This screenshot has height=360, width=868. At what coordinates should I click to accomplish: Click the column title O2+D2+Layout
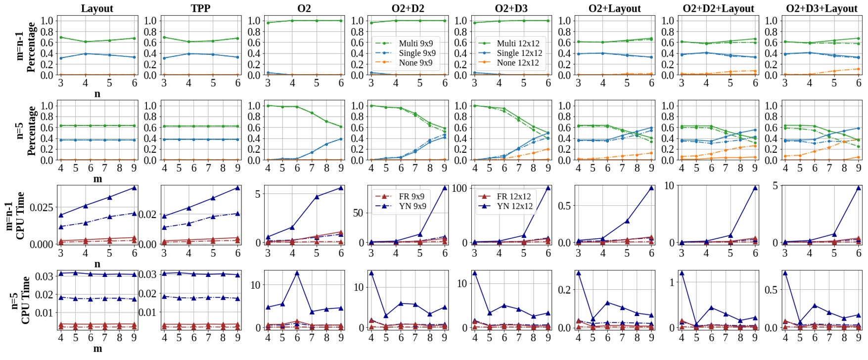click(x=718, y=8)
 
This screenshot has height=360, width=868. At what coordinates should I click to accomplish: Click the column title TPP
click(x=200, y=8)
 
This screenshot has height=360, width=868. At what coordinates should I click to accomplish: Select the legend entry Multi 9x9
click(x=415, y=44)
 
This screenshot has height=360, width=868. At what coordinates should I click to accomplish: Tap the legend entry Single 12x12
click(x=519, y=53)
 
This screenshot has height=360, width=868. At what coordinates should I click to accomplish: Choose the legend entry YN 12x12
click(x=514, y=206)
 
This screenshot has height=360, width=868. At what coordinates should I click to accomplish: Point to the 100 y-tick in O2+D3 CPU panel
click(x=459, y=188)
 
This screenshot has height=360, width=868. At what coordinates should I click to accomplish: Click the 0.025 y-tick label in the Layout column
click(x=42, y=207)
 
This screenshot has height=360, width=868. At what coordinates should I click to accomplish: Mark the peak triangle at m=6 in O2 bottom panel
click(x=297, y=273)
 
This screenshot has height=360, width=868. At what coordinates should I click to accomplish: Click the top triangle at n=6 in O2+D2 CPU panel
click(x=445, y=188)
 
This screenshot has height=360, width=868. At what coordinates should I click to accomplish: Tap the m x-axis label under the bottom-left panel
click(x=97, y=349)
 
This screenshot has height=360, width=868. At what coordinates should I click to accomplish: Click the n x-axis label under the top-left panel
click(x=97, y=94)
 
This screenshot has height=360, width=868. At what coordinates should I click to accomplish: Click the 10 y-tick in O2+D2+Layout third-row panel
click(x=669, y=186)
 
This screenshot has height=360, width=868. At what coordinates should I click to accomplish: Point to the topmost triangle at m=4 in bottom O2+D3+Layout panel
click(x=785, y=273)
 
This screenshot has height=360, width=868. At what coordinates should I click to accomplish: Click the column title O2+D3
click(x=511, y=8)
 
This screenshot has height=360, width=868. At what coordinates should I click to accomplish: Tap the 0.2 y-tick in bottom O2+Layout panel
click(x=564, y=290)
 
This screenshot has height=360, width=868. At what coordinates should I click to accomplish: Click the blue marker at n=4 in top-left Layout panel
click(x=85, y=54)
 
